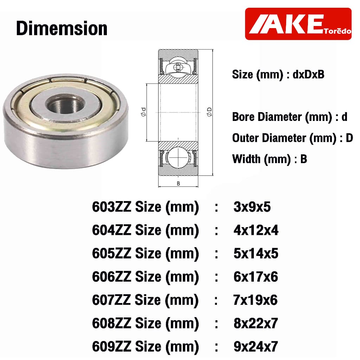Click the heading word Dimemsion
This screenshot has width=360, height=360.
pos(62,28)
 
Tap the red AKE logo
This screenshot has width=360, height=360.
pos(298,24)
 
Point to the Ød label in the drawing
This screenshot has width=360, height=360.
pos(143,112)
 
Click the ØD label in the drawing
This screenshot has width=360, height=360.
pos(210,112)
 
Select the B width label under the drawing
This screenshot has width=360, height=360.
pos(178,184)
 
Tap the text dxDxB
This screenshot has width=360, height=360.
pos(308,75)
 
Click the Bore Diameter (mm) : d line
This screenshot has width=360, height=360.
pos(290,117)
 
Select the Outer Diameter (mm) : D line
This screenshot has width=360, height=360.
pos(292,138)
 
